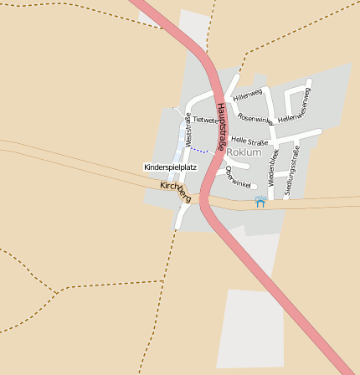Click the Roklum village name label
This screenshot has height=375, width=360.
pyautogui.click(x=244, y=152)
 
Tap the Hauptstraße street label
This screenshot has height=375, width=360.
pyautogui.click(x=222, y=126)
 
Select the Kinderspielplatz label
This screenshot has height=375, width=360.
pyautogui.click(x=170, y=167)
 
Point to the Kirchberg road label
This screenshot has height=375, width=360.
pyautogui.click(x=176, y=191)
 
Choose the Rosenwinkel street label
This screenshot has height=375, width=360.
pyautogui.click(x=255, y=119)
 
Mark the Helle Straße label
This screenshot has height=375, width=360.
pyautogui.click(x=249, y=141)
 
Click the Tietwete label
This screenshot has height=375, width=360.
pyautogui.click(x=204, y=121)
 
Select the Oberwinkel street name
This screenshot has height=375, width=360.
pyautogui.click(x=238, y=177)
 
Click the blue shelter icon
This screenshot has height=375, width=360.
pyautogui.click(x=260, y=202)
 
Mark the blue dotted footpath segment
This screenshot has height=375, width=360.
pyautogui.click(x=199, y=151)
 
